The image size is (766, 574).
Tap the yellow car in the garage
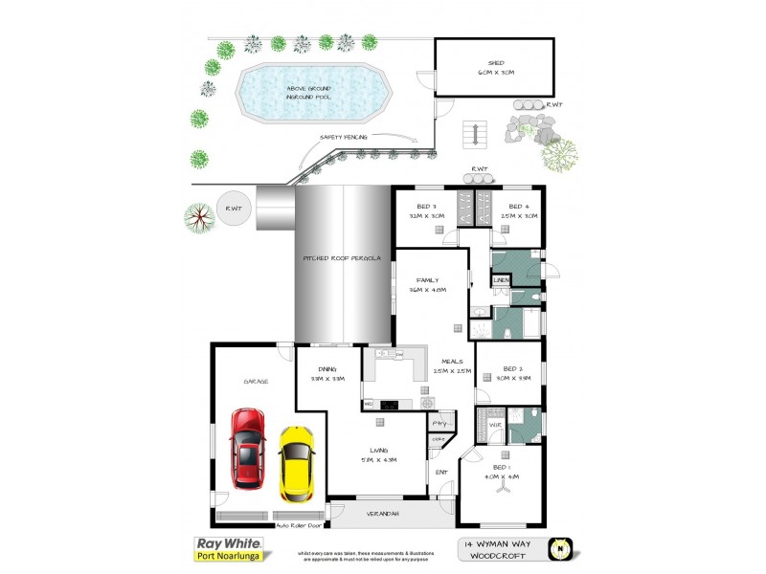(297, 464)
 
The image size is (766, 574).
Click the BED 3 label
(426, 207)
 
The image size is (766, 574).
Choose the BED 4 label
(518, 207)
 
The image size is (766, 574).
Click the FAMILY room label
(427, 280)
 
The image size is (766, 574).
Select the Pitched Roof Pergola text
(343, 258)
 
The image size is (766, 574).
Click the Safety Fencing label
(343, 138)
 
